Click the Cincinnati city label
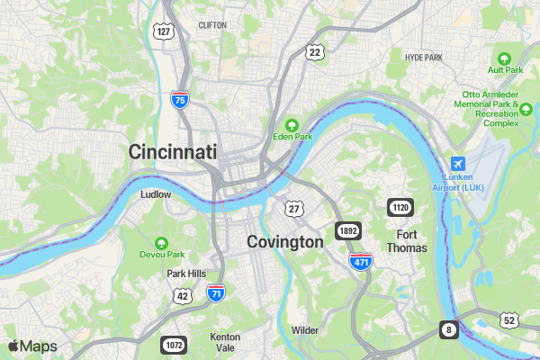tap(173, 152)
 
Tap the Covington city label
tap(284, 242)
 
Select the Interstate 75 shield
tap(180, 100)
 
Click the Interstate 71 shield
tap(215, 292)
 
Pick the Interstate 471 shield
tap(361, 261)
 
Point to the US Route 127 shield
tap(163, 31)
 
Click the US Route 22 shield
tap(314, 52)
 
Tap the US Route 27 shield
tap(293, 208)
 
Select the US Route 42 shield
tap(183, 295)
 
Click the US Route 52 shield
tap(509, 320)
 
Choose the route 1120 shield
tap(400, 209)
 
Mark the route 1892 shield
tap(348, 231)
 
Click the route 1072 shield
tap(174, 345)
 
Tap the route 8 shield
tap(448, 329)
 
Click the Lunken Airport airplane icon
tap(458, 165)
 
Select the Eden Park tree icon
tap(292, 124)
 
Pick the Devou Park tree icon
tap(161, 243)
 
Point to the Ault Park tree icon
tap(505, 57)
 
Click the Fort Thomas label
tap(406, 241)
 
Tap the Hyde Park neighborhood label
tap(424, 58)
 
